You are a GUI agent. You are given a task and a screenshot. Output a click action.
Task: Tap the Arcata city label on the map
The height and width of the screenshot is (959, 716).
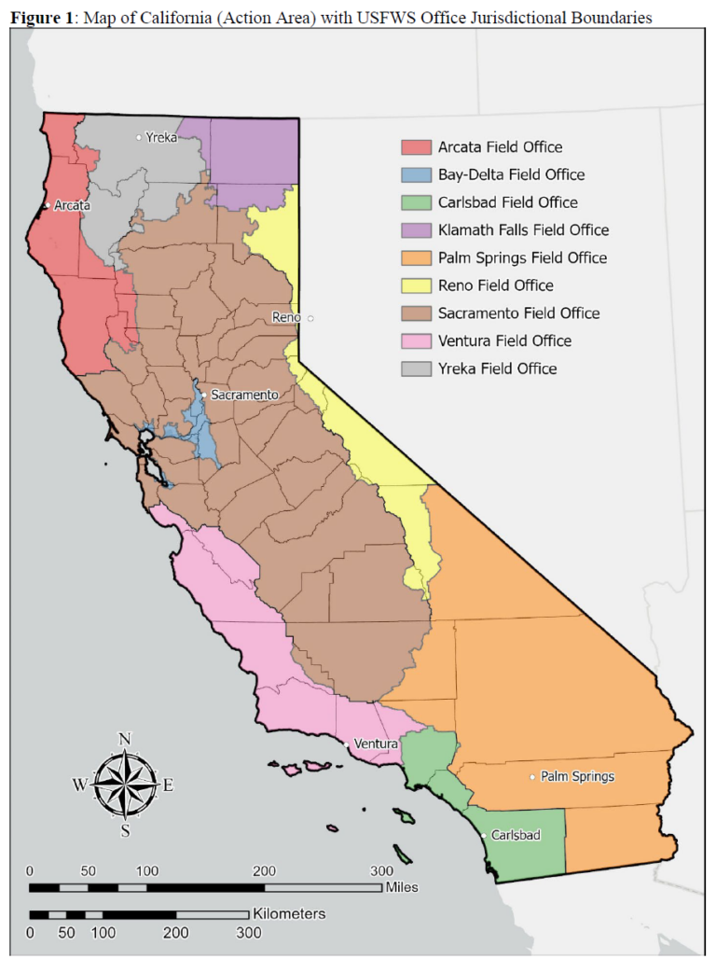(71, 205)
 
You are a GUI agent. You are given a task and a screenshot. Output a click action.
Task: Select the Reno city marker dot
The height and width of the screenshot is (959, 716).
(311, 318)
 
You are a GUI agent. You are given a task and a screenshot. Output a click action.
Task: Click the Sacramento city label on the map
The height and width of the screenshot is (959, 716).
(244, 395)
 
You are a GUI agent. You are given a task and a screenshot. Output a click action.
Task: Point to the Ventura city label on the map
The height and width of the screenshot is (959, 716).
(376, 744)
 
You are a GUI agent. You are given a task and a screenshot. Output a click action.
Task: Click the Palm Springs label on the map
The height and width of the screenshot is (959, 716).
(578, 776)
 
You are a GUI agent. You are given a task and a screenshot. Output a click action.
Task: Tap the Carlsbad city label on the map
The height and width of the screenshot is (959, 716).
(516, 835)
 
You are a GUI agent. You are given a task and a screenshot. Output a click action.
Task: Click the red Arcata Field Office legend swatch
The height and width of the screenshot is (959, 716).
(416, 147)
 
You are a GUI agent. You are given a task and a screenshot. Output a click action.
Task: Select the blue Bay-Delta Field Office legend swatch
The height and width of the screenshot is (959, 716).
(416, 174)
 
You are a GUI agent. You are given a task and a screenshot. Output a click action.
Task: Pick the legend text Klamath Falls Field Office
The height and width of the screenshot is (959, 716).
(523, 230)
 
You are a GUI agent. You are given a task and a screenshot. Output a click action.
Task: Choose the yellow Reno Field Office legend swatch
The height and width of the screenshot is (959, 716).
(416, 285)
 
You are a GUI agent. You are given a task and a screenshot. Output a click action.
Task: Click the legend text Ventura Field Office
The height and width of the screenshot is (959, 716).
(504, 341)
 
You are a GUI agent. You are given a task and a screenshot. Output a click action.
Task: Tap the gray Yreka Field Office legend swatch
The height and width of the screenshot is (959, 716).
(416, 368)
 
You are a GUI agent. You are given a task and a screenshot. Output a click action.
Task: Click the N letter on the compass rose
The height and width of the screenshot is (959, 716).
(124, 739)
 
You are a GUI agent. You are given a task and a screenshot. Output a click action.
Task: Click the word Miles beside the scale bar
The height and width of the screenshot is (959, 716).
(402, 887)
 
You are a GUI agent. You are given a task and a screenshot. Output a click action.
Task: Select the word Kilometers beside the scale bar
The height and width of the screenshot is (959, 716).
(288, 914)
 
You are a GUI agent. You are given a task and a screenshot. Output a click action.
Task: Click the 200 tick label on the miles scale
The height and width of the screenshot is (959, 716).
(265, 870)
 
